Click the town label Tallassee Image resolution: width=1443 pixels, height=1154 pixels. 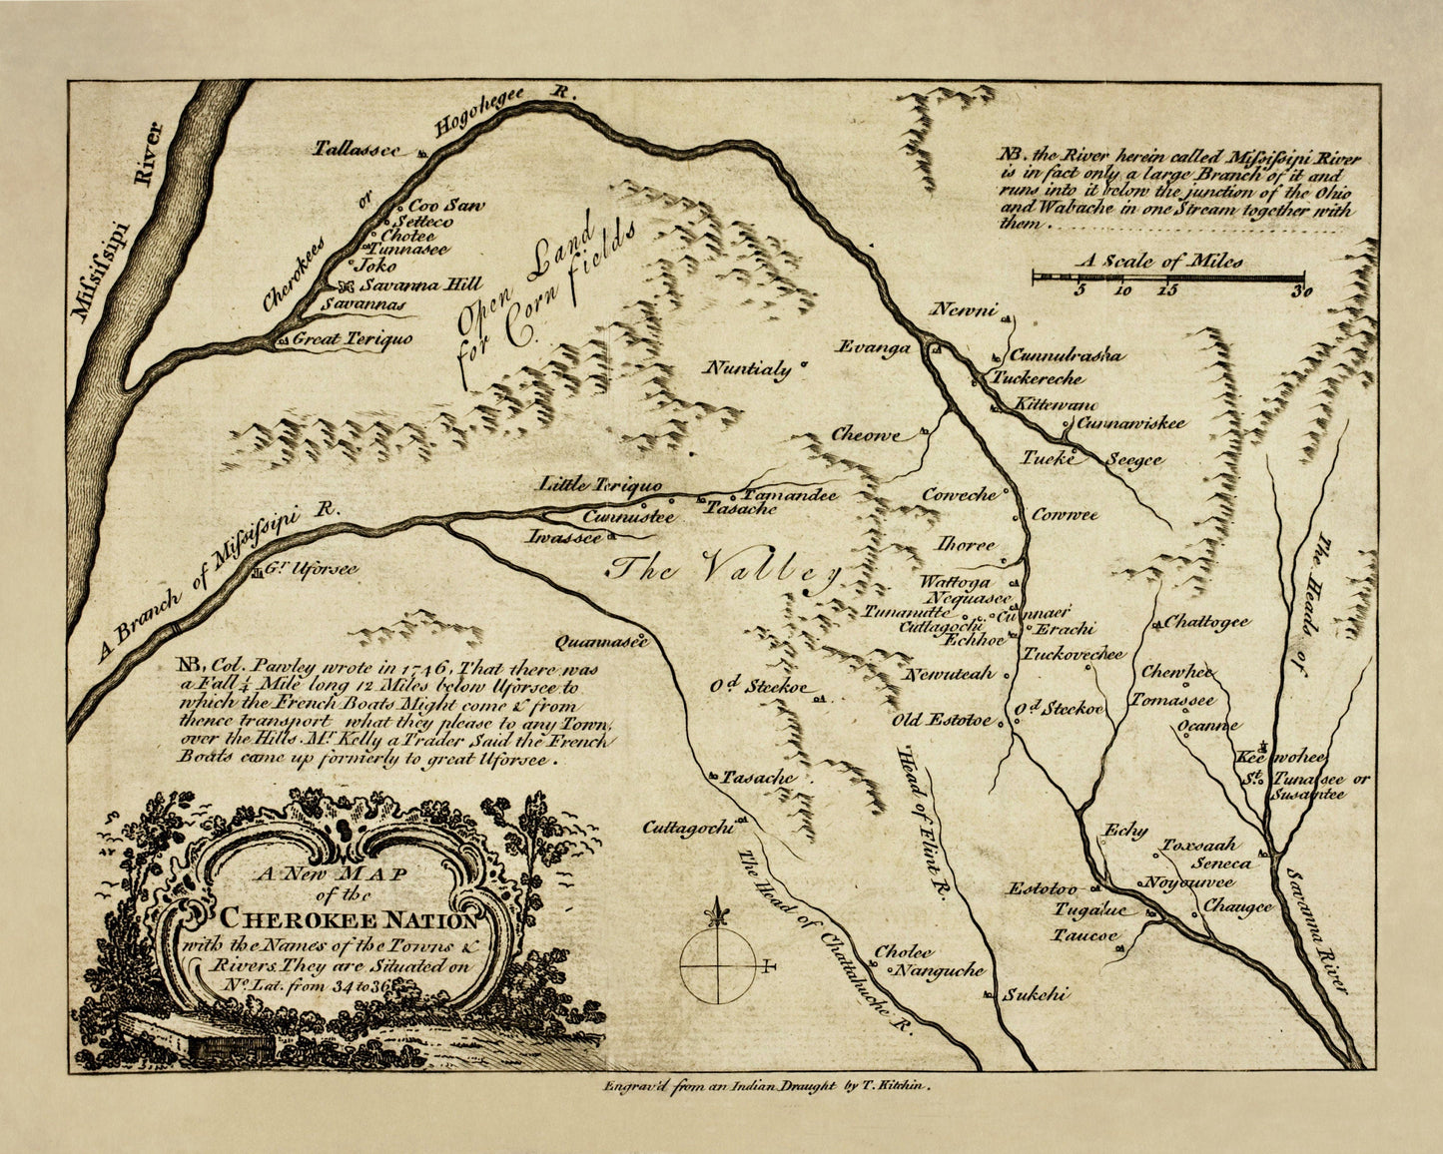358,150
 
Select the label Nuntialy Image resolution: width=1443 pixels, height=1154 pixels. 748,368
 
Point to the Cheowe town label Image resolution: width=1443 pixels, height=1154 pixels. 866,435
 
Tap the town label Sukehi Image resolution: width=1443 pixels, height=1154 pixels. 1036,994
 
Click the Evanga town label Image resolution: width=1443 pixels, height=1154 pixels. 875,347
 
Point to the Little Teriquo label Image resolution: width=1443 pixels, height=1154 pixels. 600,485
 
